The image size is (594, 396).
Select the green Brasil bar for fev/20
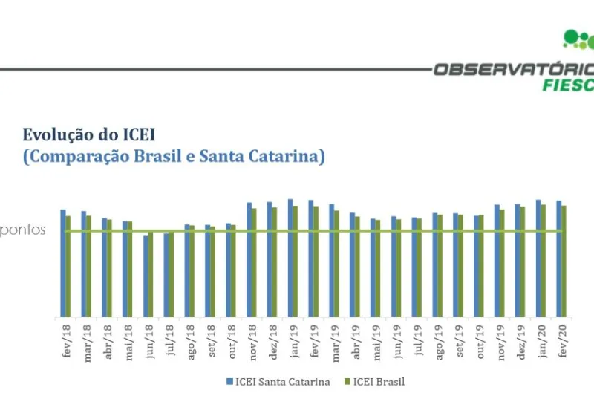[x=564, y=261]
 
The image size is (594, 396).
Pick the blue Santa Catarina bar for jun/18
[x=146, y=276]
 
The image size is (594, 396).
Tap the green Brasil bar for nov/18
[x=254, y=262]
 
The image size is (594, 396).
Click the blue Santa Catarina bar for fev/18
[x=63, y=263]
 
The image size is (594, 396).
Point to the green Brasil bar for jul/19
[x=420, y=267]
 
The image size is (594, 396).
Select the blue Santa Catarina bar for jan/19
[x=290, y=258]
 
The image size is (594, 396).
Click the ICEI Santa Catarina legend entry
[x=278, y=382]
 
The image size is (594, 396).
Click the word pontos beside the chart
[x=23, y=230]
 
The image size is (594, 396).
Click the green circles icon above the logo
[x=579, y=39]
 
